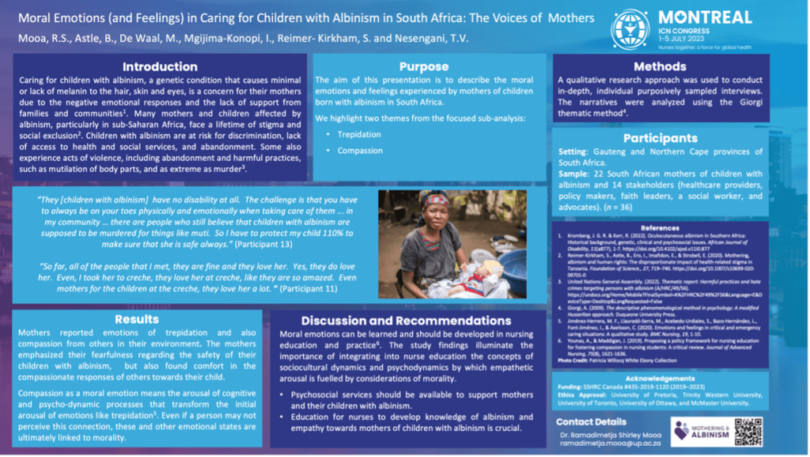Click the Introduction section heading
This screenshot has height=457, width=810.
160,67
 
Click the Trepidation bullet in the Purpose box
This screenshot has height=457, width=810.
359,135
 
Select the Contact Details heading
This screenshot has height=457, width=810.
592,421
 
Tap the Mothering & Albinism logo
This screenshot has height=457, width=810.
699,431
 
